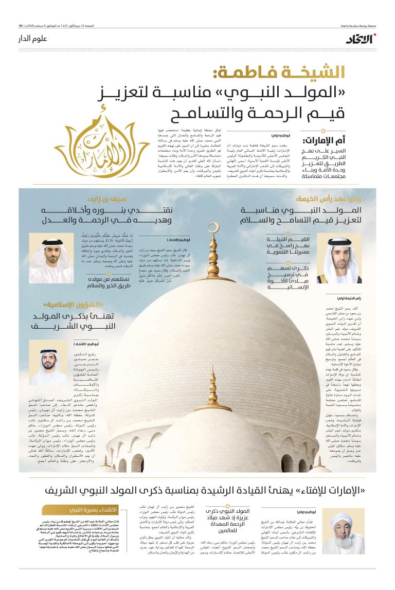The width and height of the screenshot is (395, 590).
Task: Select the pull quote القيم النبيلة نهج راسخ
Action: [288, 245]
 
